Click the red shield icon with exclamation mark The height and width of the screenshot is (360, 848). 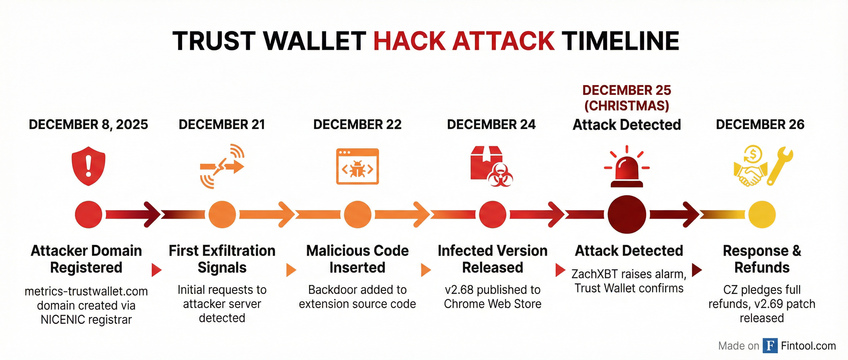click(89, 166)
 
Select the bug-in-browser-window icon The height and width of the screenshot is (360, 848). click(358, 166)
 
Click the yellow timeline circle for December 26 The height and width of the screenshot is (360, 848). click(762, 214)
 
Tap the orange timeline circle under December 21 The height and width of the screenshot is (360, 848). click(222, 214)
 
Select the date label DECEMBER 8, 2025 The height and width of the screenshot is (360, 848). click(89, 125)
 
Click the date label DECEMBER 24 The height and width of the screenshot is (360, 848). click(491, 125)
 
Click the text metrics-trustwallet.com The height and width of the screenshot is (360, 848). click(86, 291)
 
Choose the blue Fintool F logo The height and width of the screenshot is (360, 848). click(770, 346)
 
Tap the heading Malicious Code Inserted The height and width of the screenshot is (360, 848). click(358, 259)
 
